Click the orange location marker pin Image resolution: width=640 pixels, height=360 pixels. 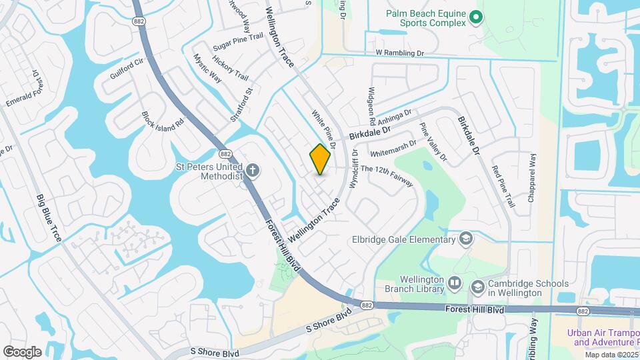[320, 159]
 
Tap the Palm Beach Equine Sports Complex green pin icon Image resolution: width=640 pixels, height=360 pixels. [475, 17]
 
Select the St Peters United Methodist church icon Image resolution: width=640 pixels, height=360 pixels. [253, 171]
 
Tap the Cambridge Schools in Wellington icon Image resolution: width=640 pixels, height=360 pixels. [477, 287]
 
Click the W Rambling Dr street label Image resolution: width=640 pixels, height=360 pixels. [400, 53]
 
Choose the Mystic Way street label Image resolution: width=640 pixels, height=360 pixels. [207, 68]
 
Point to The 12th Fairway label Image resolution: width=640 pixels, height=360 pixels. [387, 175]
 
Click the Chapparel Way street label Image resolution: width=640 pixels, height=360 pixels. [533, 174]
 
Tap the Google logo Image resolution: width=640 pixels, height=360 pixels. [22, 351]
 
